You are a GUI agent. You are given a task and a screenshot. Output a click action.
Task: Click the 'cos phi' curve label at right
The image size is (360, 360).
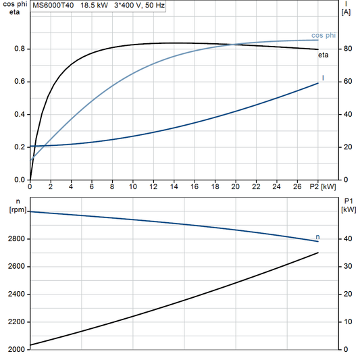coord(324,34)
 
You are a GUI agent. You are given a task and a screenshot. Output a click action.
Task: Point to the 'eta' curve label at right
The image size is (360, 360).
coord(324,55)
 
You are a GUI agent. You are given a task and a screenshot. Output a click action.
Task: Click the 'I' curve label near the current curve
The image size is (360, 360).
coord(323,78)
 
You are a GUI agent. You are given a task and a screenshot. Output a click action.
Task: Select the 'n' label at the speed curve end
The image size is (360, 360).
coord(318,237)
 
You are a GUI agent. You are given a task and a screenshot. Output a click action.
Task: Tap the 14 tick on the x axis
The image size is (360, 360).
coord(174,186)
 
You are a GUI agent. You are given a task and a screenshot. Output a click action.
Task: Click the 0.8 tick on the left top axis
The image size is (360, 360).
coord(20,49)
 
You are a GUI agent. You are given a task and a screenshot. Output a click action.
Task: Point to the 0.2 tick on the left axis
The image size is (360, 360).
coord(20,147)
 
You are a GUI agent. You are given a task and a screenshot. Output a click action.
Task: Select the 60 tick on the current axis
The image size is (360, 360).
coord(346,82)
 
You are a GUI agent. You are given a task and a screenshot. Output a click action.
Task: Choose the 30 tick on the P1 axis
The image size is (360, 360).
coord(346,267)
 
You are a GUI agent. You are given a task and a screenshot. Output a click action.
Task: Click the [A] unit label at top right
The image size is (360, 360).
coord(346,12)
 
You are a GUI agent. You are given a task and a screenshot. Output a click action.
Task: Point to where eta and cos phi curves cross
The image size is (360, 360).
coord(234,45)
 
